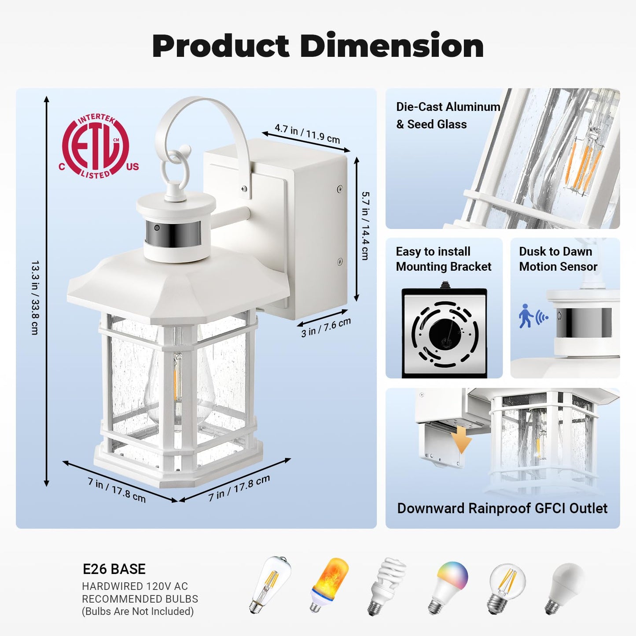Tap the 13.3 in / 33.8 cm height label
point(35,298)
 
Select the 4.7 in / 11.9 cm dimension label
point(307,133)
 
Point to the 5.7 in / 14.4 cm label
point(365,226)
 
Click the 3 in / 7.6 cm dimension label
point(326,327)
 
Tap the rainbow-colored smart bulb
point(448,588)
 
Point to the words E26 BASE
point(114,569)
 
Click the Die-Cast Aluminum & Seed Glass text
point(448,115)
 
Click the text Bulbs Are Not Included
point(138,611)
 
